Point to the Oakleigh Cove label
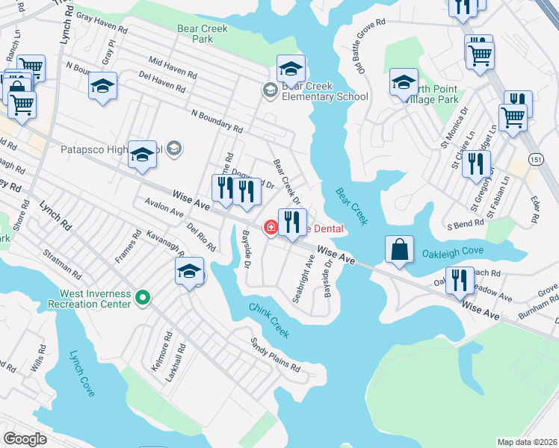coord(453,252)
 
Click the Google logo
coord(25,438)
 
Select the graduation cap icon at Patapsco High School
coord(142,155)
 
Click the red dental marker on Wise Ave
coord(270,227)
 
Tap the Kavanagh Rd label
coord(164,243)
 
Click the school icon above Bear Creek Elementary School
coord(291,69)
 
